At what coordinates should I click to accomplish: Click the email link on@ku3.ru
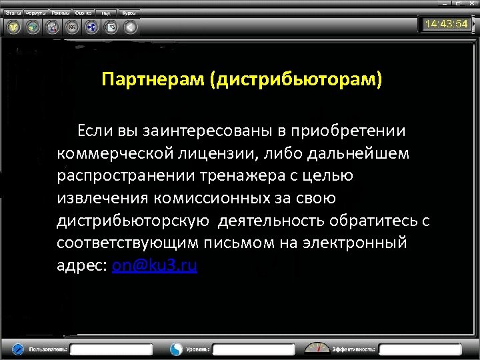(155, 265)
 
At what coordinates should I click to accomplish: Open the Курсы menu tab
(129, 13)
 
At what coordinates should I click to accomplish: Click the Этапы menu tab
(14, 13)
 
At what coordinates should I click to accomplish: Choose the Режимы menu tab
(60, 13)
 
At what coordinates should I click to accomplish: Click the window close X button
(471, 4)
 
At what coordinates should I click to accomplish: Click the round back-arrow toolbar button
(131, 27)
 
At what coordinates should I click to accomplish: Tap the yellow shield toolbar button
(13, 27)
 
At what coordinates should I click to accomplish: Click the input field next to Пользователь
(111, 349)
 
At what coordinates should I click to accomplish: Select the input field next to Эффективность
(420, 349)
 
